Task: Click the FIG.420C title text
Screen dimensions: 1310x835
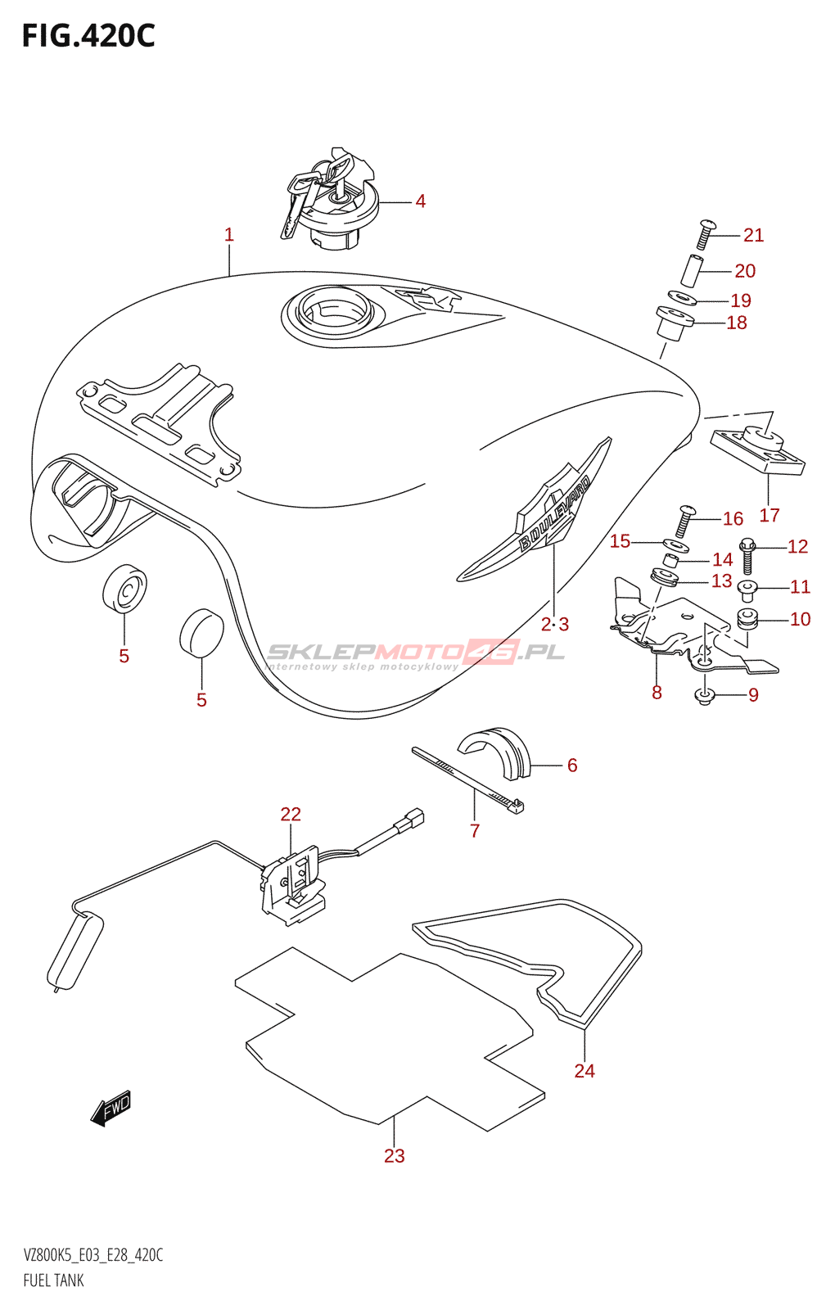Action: click(88, 36)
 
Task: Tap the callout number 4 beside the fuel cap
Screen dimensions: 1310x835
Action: click(420, 201)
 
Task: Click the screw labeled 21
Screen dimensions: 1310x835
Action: click(705, 234)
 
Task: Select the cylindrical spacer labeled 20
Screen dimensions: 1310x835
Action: click(692, 270)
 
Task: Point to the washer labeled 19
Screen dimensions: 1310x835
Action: click(681, 298)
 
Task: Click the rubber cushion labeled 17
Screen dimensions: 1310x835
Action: click(758, 452)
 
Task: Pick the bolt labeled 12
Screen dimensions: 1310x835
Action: click(747, 556)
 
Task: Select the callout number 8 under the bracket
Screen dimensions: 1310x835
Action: click(657, 693)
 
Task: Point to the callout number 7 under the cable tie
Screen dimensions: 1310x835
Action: click(475, 831)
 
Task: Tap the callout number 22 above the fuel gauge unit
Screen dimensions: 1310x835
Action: click(291, 814)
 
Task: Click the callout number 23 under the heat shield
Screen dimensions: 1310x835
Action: click(395, 1155)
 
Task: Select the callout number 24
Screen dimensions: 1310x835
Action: click(584, 1070)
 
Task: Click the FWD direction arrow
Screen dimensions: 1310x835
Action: click(111, 1109)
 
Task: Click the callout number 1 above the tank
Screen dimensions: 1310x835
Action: click(229, 235)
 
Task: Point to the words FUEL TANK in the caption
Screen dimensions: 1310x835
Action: click(54, 1281)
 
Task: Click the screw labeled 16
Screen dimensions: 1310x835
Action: click(684, 521)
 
